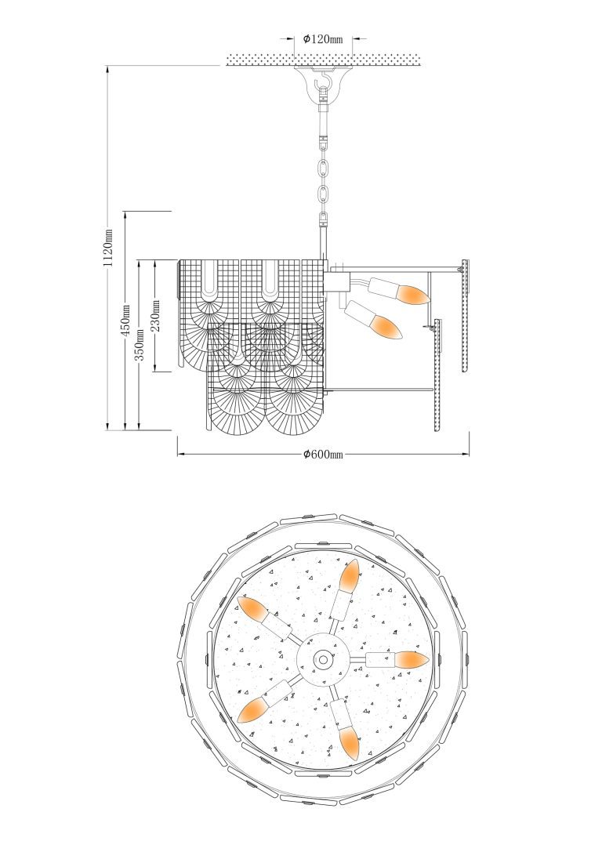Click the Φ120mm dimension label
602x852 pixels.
pos(323,39)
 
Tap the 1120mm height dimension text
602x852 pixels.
pos(109,247)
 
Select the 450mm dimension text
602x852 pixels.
pos(125,320)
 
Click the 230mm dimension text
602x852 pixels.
pos(155,316)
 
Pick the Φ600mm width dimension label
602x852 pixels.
pos(323,455)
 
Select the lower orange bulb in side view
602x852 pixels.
pos(387,328)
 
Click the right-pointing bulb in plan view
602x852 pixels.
pos(412,660)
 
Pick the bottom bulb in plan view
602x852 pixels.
pos(350,744)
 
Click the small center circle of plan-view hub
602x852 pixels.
pos(323,660)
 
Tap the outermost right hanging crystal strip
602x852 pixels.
pos(465,316)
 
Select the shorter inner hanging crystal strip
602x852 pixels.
pos(437,375)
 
